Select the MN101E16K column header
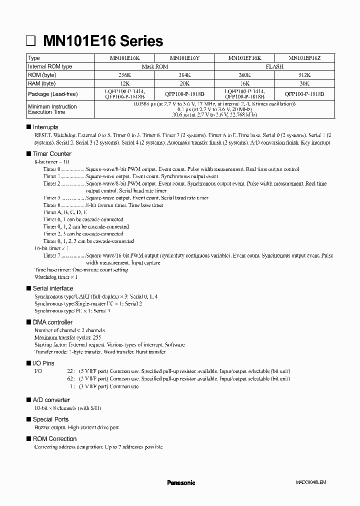click(124, 58)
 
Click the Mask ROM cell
click(154, 66)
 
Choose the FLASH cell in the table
click(274, 66)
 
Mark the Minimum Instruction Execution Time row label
click(52, 109)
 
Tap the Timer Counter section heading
click(52, 154)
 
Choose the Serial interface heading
click(52, 288)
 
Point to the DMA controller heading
click(52, 322)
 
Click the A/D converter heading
click(51, 400)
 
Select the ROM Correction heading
click(54, 439)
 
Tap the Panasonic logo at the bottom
click(180, 483)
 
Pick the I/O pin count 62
click(70, 379)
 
